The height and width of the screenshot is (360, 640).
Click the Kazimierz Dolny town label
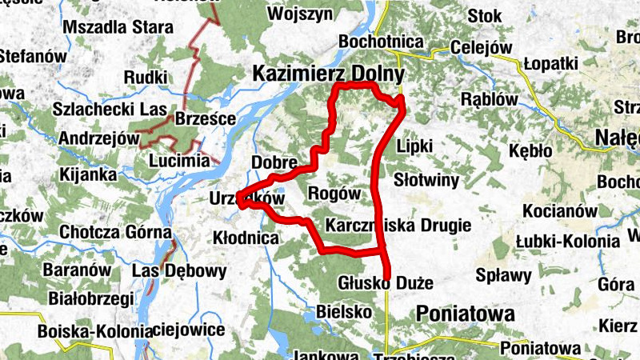[328, 74]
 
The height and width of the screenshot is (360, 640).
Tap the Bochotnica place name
[380, 42]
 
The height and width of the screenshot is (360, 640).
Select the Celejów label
[481, 48]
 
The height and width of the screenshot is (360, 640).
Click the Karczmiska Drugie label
[398, 225]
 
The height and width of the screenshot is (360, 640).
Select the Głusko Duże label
[386, 283]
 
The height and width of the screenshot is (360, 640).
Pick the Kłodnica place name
[246, 238]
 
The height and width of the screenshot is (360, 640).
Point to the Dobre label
[274, 162]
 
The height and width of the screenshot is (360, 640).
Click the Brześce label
[205, 119]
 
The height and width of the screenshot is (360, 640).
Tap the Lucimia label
[174, 161]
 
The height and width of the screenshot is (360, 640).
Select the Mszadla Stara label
[118, 27]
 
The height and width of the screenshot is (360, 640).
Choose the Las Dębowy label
[178, 270]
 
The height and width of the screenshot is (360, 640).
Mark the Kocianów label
[560, 211]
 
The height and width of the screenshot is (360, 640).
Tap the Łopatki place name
[550, 64]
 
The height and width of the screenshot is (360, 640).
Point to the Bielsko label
[342, 310]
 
